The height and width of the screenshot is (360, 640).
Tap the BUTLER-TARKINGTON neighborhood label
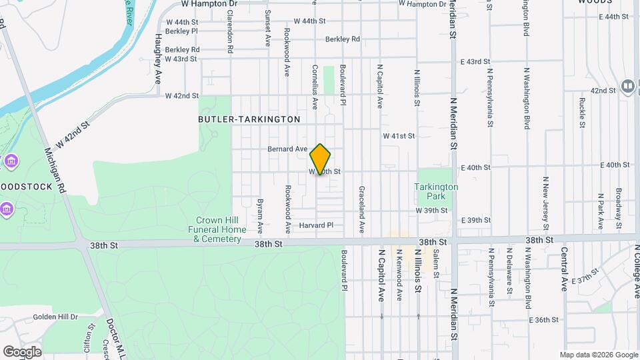coord(249,119)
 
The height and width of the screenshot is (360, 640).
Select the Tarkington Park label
coord(437,192)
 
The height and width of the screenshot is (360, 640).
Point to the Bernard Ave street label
coord(287,149)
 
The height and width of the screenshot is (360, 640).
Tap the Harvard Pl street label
coord(316,225)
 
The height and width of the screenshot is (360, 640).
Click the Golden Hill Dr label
coord(55,317)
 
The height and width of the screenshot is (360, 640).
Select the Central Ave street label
coord(564,269)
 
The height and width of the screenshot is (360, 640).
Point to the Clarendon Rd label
coord(229,35)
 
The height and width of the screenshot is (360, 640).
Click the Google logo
coord(23,351)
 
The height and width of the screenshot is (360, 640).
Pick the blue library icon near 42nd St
coord(627,86)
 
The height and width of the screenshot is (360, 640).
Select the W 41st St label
coord(399,136)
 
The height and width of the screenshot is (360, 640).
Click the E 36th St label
coord(543,320)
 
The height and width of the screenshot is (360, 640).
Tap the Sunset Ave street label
coord(267,27)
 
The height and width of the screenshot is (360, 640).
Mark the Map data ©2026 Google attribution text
coord(598,355)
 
